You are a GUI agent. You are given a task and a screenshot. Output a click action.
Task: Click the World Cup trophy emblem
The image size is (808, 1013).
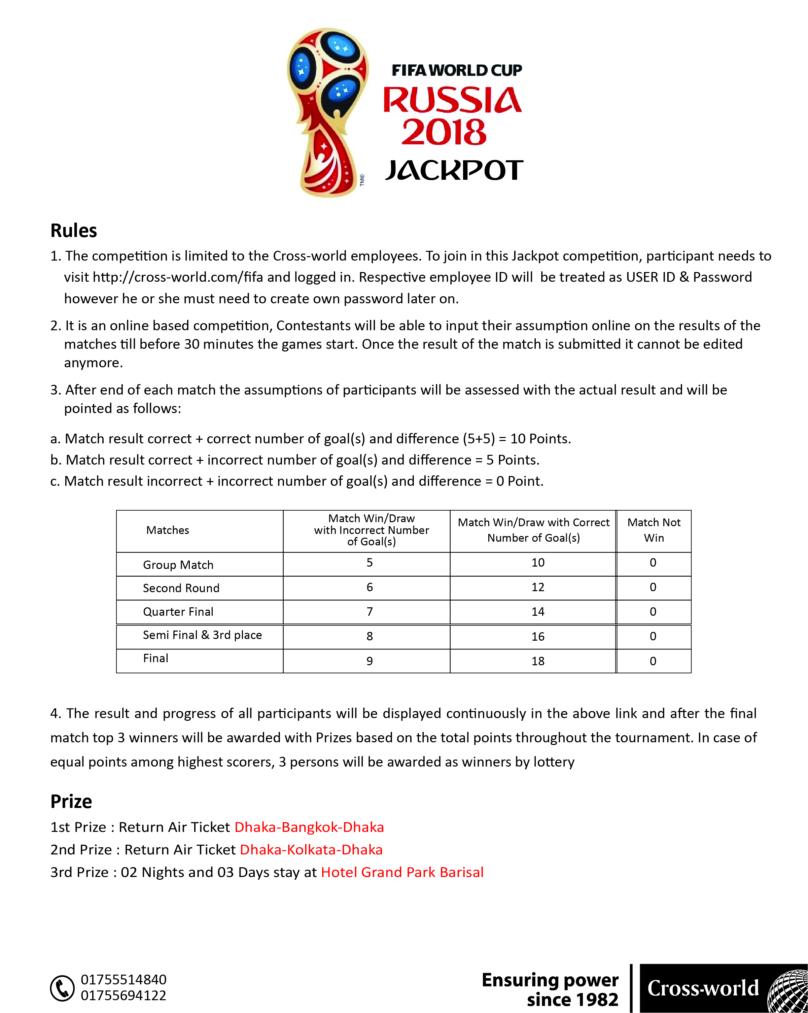(x=328, y=113)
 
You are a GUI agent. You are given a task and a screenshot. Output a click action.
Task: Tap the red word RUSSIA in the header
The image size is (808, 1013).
(x=452, y=100)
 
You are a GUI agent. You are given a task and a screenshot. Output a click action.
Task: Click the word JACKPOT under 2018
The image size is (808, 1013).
(x=454, y=170)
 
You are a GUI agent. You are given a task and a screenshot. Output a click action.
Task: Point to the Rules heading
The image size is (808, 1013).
(x=74, y=231)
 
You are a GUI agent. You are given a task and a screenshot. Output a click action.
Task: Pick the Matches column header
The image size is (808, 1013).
(x=168, y=530)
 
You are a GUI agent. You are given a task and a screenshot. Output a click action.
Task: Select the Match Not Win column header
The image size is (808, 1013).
(x=654, y=530)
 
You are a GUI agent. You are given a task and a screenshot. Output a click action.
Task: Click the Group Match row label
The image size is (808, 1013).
(x=178, y=565)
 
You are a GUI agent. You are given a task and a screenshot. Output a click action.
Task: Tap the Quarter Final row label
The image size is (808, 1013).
(x=178, y=612)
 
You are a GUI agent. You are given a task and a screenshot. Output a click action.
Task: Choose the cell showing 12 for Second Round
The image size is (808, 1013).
(x=537, y=587)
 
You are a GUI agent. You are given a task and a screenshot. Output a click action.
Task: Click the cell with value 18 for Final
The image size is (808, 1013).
(x=537, y=661)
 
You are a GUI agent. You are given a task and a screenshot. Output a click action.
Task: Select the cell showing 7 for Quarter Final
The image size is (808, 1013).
(x=370, y=612)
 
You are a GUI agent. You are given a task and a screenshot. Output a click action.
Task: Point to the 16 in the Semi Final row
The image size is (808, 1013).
(x=537, y=637)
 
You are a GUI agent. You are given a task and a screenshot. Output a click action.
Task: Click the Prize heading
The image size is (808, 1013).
(x=71, y=801)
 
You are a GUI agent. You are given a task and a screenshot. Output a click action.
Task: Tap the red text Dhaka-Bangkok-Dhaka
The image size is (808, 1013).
(x=309, y=827)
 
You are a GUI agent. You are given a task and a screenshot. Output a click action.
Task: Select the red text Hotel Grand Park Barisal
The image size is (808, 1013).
(x=402, y=872)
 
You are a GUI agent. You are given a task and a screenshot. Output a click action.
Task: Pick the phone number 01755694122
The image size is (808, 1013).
(x=124, y=995)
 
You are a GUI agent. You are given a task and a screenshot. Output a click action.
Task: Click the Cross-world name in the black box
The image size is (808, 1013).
(x=703, y=988)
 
